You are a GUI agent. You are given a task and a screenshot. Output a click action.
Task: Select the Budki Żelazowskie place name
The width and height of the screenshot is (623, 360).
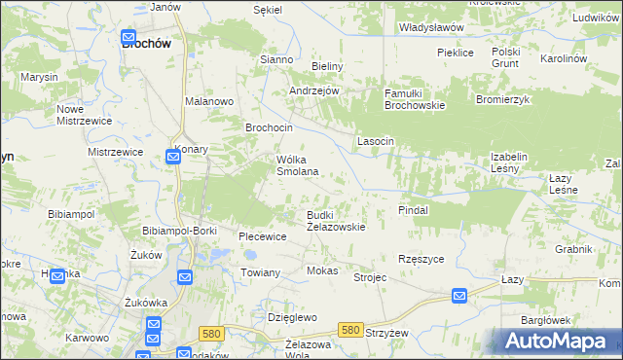336,221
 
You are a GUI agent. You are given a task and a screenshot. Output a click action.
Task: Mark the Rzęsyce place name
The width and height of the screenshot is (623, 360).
421,259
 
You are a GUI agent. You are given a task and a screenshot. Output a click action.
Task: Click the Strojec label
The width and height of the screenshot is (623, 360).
370,277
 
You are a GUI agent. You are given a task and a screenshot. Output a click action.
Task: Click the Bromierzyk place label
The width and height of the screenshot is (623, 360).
501,99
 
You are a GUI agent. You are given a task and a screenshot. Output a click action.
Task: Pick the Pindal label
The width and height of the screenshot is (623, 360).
414,209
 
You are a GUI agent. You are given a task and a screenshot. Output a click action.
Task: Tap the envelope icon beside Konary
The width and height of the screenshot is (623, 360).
172,156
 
